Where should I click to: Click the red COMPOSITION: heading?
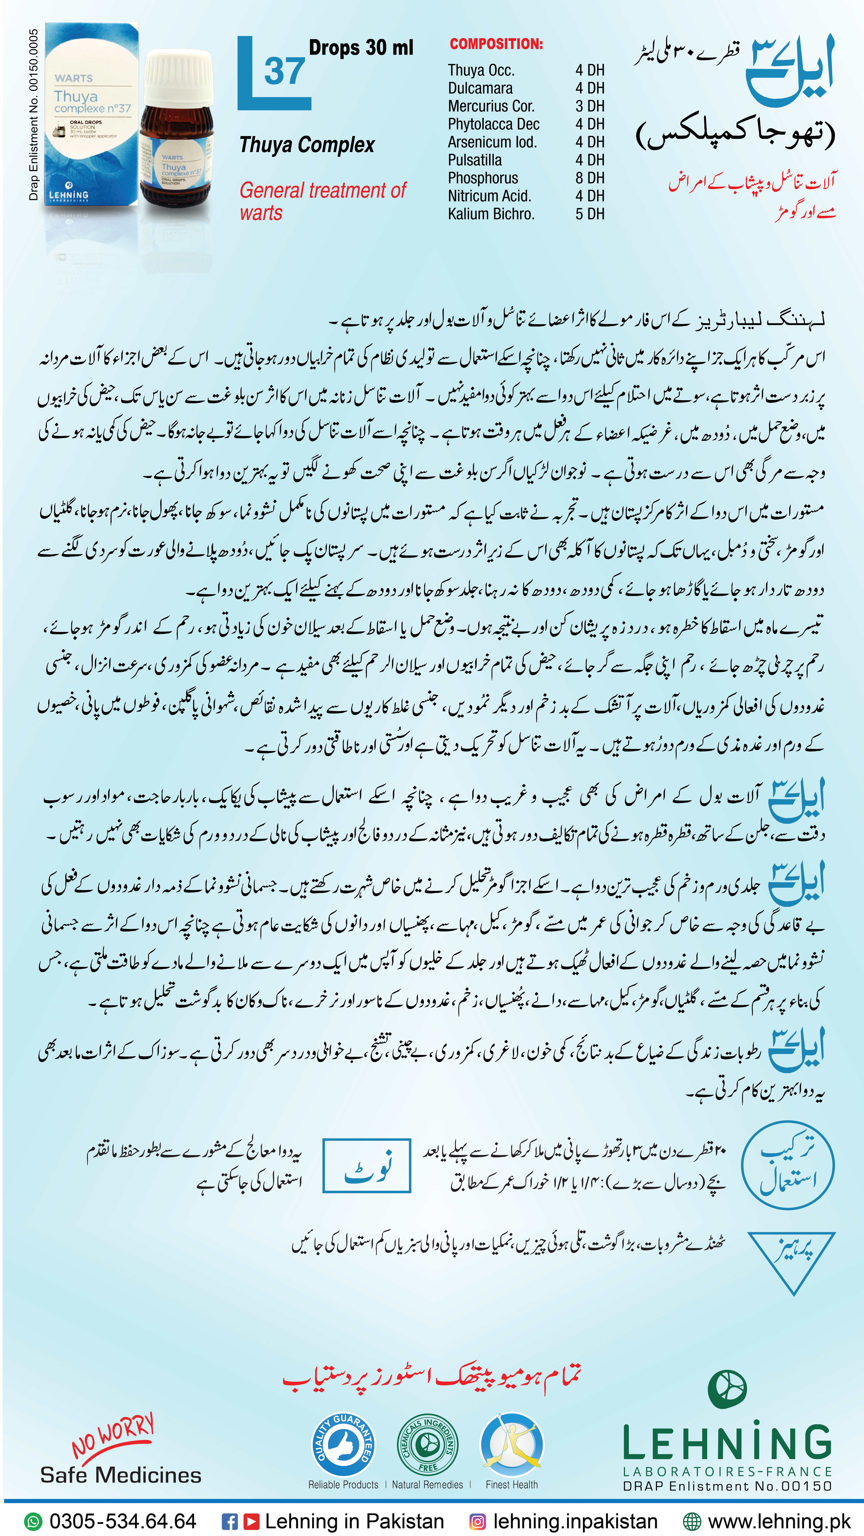pos(496,44)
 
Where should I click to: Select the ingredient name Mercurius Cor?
pos(491,106)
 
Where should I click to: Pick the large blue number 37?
pos(284,72)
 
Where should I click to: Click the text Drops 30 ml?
pos(361,48)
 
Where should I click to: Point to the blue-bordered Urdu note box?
pos(367,1166)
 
